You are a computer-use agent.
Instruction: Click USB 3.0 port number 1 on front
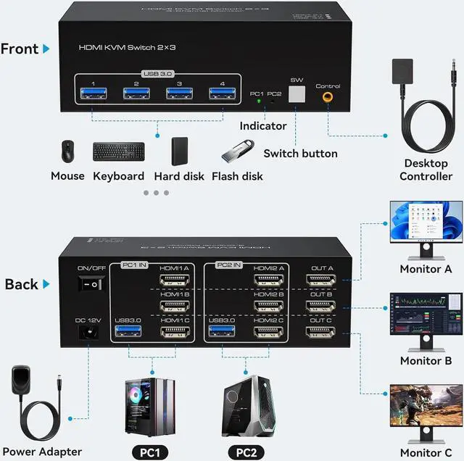pos(89,92)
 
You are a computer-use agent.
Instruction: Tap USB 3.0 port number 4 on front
pos(217,92)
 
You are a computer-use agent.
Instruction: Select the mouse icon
pos(67,151)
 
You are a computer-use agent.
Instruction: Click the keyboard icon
pos(118,151)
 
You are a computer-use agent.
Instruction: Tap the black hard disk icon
pos(180,151)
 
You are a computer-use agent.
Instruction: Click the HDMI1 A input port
pos(175,278)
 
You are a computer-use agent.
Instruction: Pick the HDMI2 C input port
pos(268,332)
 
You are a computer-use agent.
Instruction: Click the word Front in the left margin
pos(20,49)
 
